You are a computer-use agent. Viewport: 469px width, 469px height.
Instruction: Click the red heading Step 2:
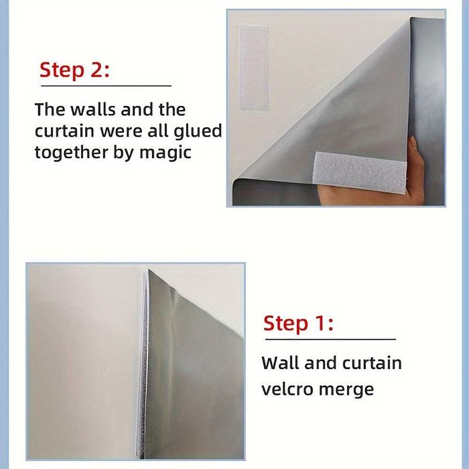click(x=74, y=70)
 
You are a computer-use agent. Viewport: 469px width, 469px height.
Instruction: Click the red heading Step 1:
click(x=298, y=324)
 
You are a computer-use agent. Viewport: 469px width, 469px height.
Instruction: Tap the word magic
click(x=165, y=153)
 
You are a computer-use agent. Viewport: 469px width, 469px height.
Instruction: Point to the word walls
click(x=93, y=109)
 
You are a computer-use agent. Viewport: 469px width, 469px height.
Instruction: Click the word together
click(x=71, y=152)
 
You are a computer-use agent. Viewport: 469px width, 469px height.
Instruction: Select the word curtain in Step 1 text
click(x=372, y=363)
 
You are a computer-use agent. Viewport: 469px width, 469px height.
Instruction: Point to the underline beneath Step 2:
click(x=106, y=86)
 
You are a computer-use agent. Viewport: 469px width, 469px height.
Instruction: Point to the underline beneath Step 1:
click(x=330, y=340)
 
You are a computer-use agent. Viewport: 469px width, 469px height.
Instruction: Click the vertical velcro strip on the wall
click(x=254, y=68)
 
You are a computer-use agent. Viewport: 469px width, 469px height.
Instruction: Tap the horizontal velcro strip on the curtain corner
click(x=360, y=172)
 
